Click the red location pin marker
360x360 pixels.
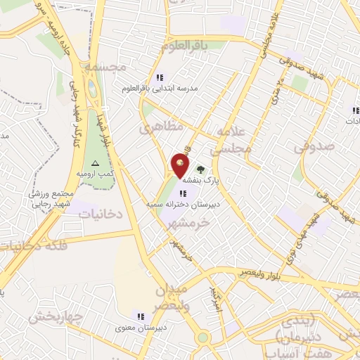click(x=180, y=166)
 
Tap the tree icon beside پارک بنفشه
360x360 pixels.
click(x=200, y=169)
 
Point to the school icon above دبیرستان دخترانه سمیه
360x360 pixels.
click(x=183, y=193)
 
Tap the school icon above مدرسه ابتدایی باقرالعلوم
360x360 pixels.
click(x=160, y=77)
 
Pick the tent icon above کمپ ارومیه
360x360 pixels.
click(x=105, y=163)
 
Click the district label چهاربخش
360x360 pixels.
click(x=56, y=316)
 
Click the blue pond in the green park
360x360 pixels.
click(x=92, y=89)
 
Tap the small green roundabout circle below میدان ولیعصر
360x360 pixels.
click(x=203, y=337)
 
